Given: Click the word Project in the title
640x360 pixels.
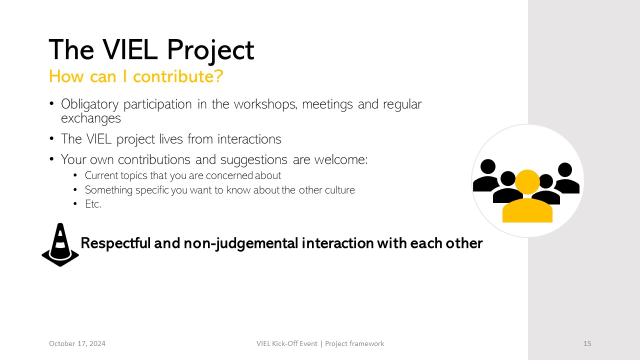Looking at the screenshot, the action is (210, 50).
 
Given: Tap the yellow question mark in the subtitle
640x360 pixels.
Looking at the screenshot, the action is (218, 76).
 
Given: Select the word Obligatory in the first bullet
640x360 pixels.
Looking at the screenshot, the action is (89, 104).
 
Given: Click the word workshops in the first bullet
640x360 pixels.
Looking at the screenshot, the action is (265, 104).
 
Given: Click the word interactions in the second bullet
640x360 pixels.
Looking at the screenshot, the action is (249, 139).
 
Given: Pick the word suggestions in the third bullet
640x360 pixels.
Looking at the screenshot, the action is (253, 160).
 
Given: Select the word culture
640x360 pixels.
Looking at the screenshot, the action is (339, 190).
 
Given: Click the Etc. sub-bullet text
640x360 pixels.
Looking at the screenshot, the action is (93, 204).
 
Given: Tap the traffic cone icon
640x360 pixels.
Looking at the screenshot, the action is (60, 245).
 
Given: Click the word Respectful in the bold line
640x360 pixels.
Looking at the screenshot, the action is (115, 243).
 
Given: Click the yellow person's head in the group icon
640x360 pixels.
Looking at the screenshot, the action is (527, 182).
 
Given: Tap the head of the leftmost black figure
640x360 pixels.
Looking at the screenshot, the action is (488, 166).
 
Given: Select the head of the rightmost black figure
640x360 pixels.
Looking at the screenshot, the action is (565, 169).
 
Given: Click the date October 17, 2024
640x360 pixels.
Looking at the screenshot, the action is (77, 343).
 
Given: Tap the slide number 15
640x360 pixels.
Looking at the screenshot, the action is (587, 343).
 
